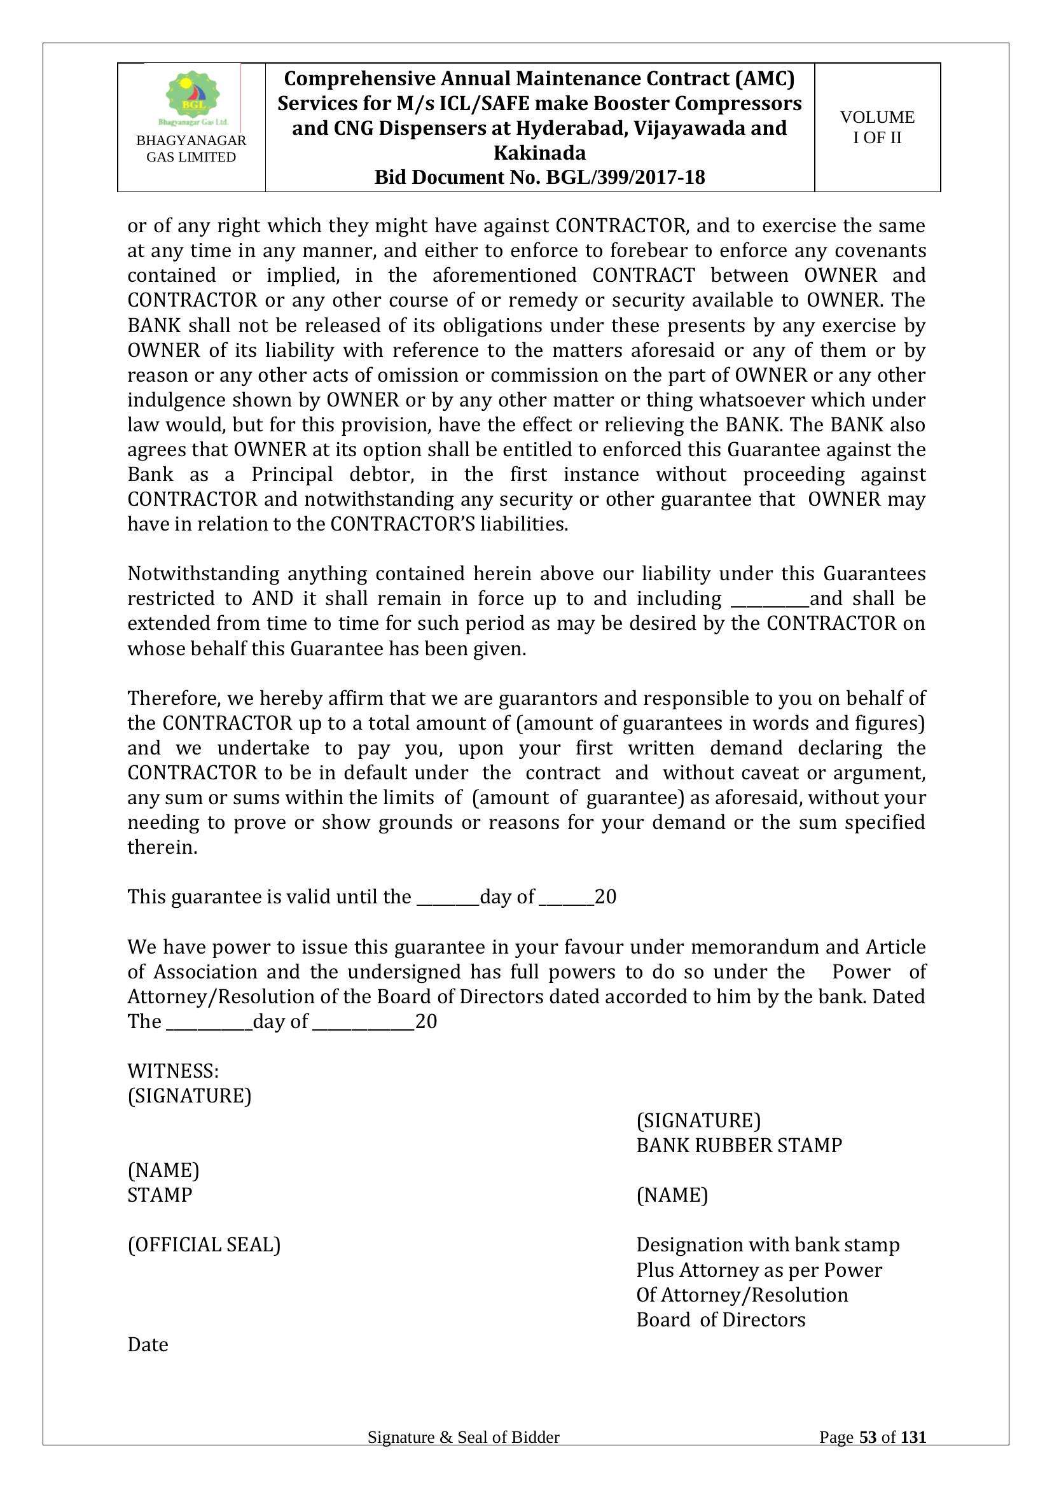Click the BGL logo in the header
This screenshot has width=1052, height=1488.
pyautogui.click(x=192, y=97)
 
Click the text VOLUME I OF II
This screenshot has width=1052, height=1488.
pyautogui.click(x=877, y=127)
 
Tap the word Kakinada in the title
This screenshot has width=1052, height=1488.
pyautogui.click(x=539, y=153)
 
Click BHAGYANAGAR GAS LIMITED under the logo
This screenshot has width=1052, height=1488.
pyautogui.click(x=191, y=149)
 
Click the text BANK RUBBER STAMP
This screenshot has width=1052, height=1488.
pyautogui.click(x=739, y=1145)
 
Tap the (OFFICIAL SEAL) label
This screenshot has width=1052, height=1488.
pyautogui.click(x=204, y=1245)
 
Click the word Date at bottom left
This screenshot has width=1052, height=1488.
pyautogui.click(x=148, y=1345)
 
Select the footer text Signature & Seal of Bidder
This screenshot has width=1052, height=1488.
pyautogui.click(x=463, y=1456)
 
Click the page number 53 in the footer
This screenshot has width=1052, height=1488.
pyautogui.click(x=868, y=1456)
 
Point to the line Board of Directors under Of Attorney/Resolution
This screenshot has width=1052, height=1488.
pyautogui.click(x=721, y=1320)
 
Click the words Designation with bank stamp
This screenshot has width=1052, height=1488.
pyautogui.click(x=768, y=1245)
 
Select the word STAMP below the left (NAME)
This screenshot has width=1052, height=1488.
pyautogui.click(x=160, y=1195)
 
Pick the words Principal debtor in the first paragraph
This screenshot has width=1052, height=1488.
pyautogui.click(x=332, y=475)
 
